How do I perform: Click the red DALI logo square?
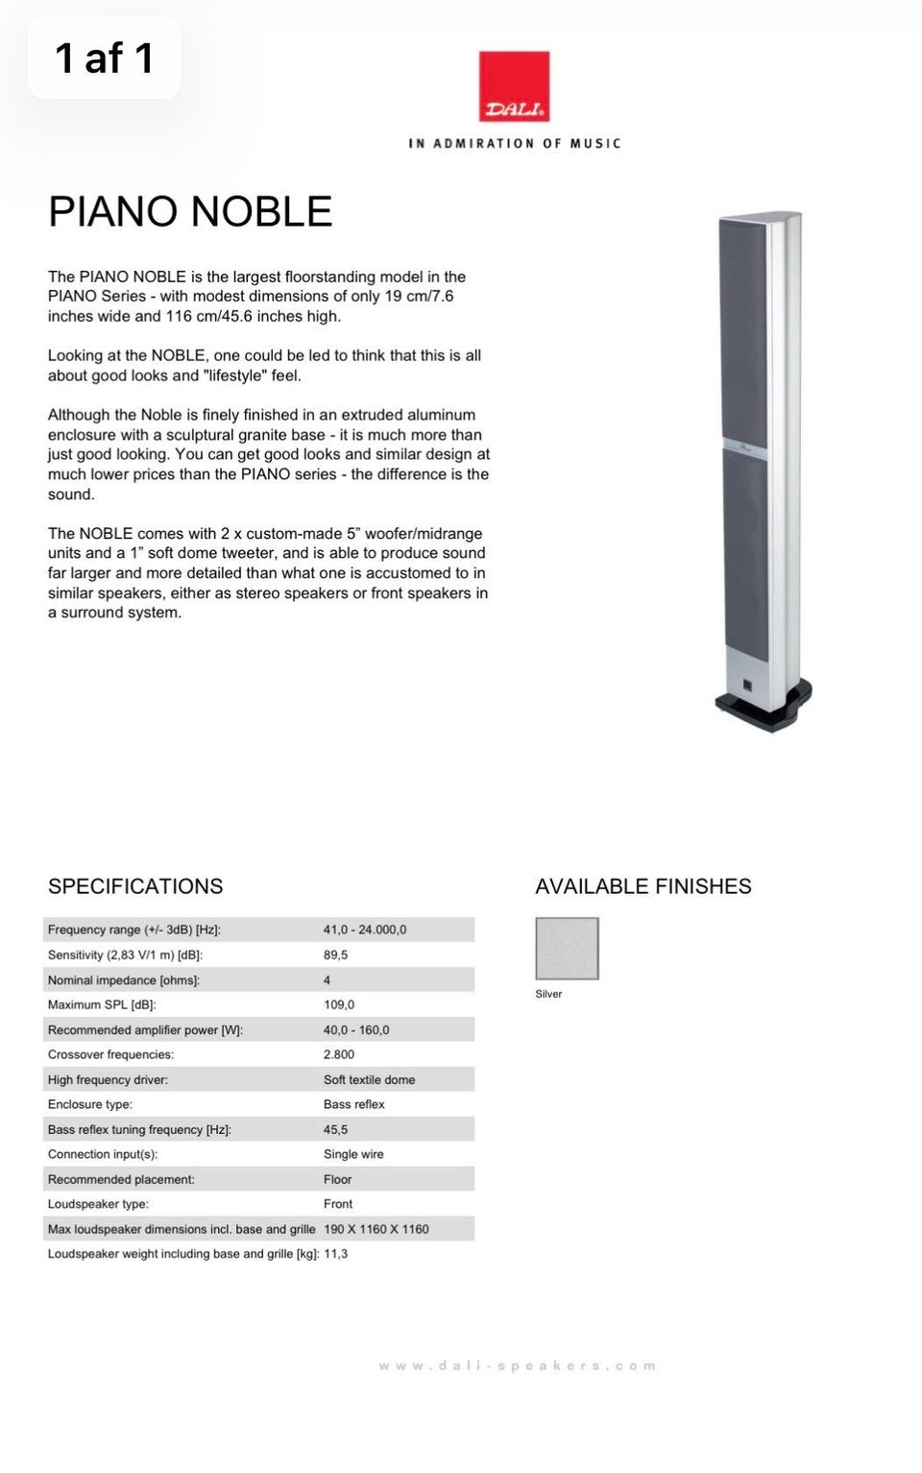514,86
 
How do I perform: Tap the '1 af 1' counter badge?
104,58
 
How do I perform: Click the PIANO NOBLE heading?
190,211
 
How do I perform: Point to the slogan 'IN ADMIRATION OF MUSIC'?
514,143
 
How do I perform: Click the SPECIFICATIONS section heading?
135,886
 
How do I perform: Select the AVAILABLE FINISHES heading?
643,886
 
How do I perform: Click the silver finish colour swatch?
567,948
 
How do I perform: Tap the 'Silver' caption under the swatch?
548,994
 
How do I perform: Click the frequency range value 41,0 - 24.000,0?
365,930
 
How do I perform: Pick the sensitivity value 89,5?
335,954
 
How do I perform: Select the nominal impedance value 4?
328,980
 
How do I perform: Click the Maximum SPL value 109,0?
338,1004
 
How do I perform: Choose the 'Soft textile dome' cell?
369,1079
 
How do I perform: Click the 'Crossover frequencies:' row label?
110,1054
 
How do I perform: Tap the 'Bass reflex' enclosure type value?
353,1104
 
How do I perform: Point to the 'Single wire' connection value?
353,1154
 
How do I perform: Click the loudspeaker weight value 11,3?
335,1254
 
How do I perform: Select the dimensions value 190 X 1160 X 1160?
376,1229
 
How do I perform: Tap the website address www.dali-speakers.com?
517,1365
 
